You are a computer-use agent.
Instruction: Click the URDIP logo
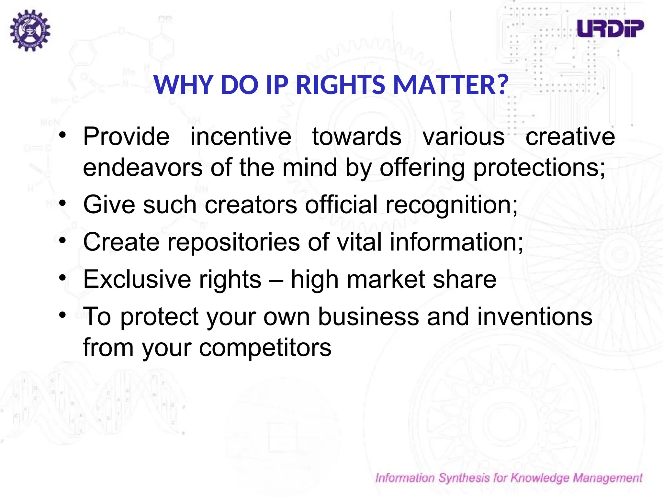[610, 28]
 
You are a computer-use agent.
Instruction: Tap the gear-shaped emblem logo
[30, 30]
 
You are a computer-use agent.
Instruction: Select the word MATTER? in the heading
[451, 85]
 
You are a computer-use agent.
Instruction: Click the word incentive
[241, 137]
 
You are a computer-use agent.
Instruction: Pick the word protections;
[539, 168]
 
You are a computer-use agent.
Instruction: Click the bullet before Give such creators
[63, 203]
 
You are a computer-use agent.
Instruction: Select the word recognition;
[452, 205]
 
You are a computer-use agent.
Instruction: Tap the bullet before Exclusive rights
[63, 278]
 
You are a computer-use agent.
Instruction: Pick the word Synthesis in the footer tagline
[464, 478]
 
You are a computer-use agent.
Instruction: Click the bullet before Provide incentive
[63, 135]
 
